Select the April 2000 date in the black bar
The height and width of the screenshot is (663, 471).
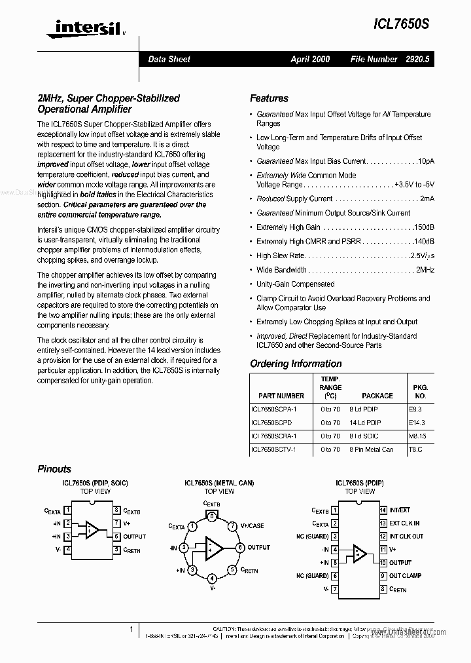pyautogui.click(x=310, y=59)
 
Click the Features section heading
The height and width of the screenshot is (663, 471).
pyautogui.click(x=269, y=98)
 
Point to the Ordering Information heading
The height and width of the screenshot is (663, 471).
pyautogui.click(x=296, y=364)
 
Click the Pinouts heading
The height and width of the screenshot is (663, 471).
pyautogui.click(x=54, y=469)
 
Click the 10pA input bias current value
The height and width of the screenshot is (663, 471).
pyautogui.click(x=426, y=161)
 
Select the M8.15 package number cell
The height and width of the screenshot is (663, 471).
pyautogui.click(x=417, y=436)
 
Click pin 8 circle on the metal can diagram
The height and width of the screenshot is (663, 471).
pyautogui.click(x=212, y=516)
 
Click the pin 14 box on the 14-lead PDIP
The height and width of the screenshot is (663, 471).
pyautogui.click(x=383, y=510)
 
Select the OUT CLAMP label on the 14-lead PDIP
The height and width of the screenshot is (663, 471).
pyautogui.click(x=406, y=576)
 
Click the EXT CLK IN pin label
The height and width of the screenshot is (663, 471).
pyautogui.click(x=405, y=523)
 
